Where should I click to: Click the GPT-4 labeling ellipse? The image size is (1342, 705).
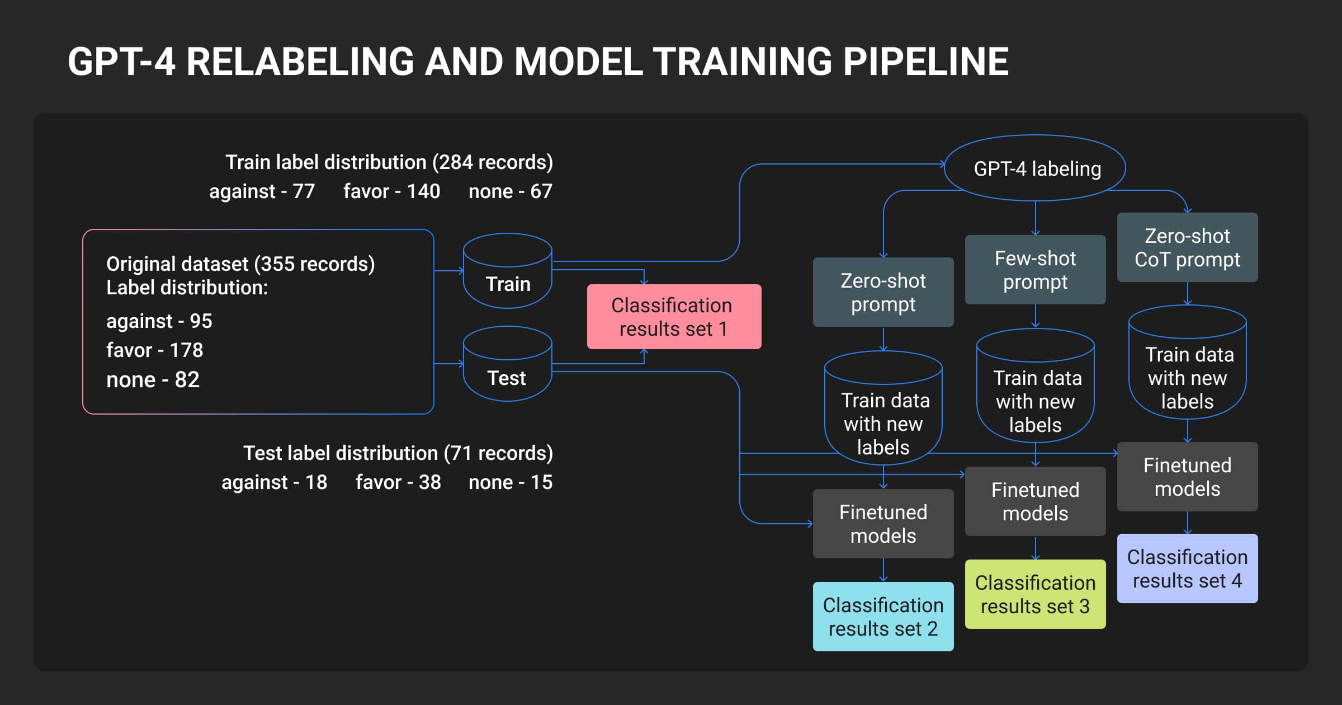(x=1035, y=168)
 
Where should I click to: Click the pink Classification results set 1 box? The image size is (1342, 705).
(x=674, y=317)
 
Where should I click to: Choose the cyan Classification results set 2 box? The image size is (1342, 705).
(x=883, y=617)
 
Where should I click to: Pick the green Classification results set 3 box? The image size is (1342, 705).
(x=1035, y=594)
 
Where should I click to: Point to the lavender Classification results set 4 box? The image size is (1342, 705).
(x=1187, y=568)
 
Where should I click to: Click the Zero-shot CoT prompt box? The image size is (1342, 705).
(x=1187, y=247)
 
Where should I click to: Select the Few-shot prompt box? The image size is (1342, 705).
(x=1035, y=270)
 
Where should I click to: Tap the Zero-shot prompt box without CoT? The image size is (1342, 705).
(x=883, y=292)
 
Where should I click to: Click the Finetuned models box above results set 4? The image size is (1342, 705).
(x=1187, y=477)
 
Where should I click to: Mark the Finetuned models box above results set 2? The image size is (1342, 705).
(x=883, y=524)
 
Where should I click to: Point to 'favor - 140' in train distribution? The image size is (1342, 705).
(x=391, y=191)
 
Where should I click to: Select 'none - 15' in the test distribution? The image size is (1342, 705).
(x=510, y=482)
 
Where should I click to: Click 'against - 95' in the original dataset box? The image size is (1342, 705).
(x=159, y=321)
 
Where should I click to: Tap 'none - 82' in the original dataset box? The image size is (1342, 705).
(x=153, y=380)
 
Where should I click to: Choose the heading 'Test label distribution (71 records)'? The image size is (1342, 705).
(x=398, y=453)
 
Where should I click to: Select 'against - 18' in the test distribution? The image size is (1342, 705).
(x=274, y=482)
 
